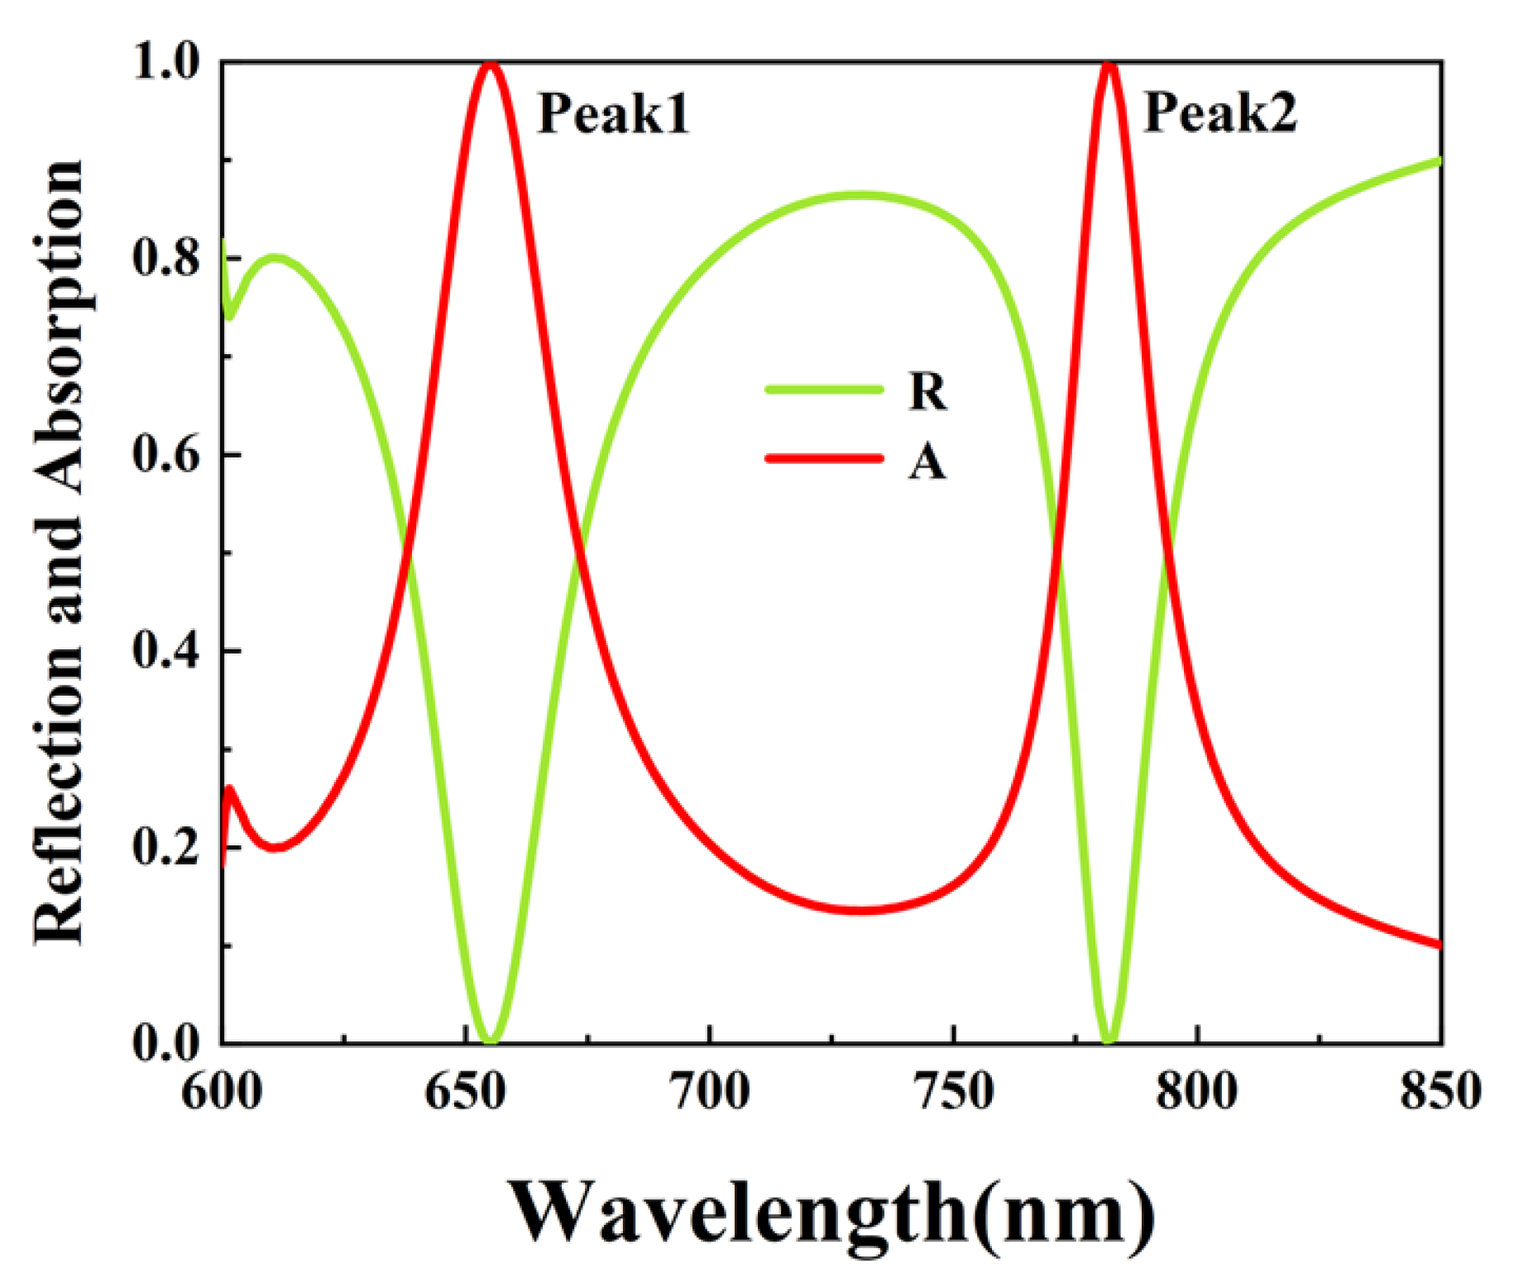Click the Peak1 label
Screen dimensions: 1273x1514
(613, 113)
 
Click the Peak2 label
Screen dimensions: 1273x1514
(1219, 113)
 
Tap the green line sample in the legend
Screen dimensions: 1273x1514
(824, 389)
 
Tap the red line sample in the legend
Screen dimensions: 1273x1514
(824, 457)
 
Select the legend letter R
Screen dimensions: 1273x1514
(927, 391)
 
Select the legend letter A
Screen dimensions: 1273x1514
(927, 462)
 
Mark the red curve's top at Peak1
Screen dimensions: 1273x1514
(491, 64)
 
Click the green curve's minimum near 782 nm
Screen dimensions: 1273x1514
(1109, 1041)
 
